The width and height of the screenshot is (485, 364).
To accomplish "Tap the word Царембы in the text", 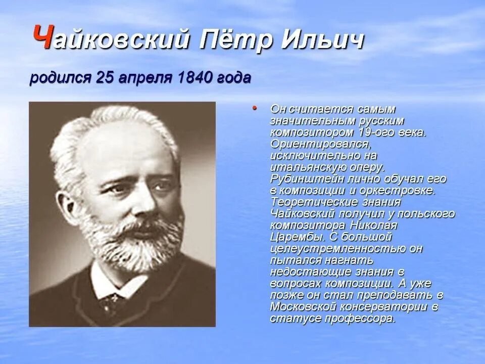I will tap(290, 237).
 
